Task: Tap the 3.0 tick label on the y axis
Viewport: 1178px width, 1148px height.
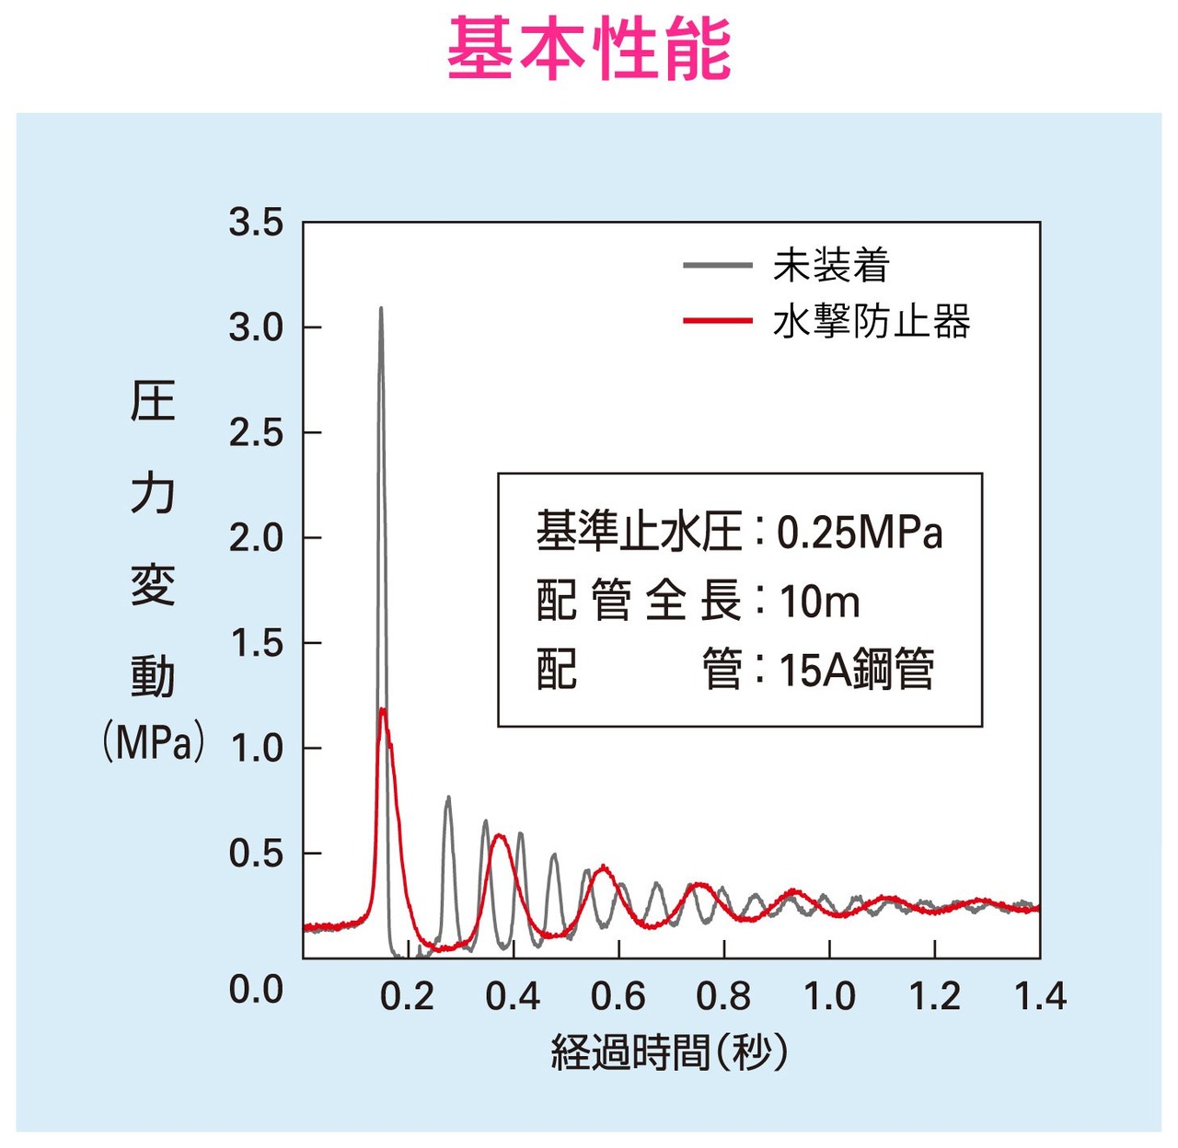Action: [256, 327]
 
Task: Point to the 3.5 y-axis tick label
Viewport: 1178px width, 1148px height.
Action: [256, 223]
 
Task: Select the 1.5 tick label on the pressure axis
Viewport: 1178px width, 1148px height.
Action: [256, 643]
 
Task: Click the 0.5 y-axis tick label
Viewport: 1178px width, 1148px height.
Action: [256, 854]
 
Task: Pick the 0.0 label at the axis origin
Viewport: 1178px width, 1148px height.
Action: [256, 990]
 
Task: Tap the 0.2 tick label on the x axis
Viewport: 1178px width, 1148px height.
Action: [407, 996]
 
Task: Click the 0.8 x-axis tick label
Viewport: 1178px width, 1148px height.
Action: [723, 996]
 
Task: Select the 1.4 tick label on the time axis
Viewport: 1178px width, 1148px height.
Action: [1040, 996]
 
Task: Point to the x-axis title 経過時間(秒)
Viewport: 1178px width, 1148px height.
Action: [670, 1052]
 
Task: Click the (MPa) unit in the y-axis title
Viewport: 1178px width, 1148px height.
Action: [153, 742]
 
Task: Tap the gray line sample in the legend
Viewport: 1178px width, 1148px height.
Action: [717, 266]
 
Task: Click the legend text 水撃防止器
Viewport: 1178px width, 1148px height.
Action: [872, 322]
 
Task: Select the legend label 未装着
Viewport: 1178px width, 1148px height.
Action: [831, 266]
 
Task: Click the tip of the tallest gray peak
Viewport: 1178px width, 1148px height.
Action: [381, 309]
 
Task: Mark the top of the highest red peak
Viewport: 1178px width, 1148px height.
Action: [382, 709]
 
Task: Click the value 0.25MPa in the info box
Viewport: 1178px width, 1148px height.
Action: [860, 533]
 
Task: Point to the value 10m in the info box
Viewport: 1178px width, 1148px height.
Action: [819, 602]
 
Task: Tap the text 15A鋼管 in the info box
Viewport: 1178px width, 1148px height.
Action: [856, 670]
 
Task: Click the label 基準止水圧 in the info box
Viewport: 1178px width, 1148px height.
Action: [639, 532]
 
